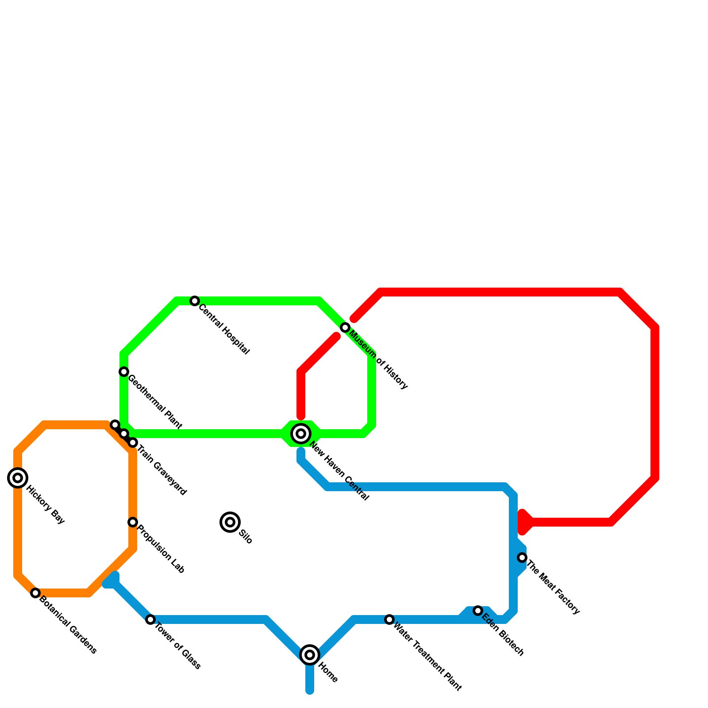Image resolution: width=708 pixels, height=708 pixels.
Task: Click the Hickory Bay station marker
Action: coord(18,478)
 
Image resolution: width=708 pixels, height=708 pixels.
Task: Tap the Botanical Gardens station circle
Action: coord(35,593)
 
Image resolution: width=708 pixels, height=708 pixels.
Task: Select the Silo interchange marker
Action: coord(230,522)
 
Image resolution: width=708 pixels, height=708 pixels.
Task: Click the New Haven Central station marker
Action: coord(301,434)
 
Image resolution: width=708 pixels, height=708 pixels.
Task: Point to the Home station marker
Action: coord(310,655)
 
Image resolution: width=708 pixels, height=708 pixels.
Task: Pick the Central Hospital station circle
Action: coord(195,301)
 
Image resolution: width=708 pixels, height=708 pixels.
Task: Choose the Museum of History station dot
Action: coord(345,327)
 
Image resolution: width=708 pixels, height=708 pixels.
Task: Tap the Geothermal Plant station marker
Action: coord(124,372)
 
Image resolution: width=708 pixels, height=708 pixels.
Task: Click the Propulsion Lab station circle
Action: coord(133,522)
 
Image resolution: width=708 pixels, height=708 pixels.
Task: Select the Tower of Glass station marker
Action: coord(150,619)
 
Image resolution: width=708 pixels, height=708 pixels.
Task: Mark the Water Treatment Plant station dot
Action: coord(389,619)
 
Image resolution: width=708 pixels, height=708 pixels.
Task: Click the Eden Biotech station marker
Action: coord(478,611)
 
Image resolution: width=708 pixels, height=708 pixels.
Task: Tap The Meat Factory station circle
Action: coord(522,558)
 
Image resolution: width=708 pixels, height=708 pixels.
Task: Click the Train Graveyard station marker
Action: coord(133,442)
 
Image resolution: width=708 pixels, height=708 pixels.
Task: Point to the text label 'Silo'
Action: coord(246,537)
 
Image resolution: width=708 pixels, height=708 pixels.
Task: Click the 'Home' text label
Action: coord(328,672)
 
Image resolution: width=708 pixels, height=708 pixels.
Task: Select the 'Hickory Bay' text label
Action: coord(45,505)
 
